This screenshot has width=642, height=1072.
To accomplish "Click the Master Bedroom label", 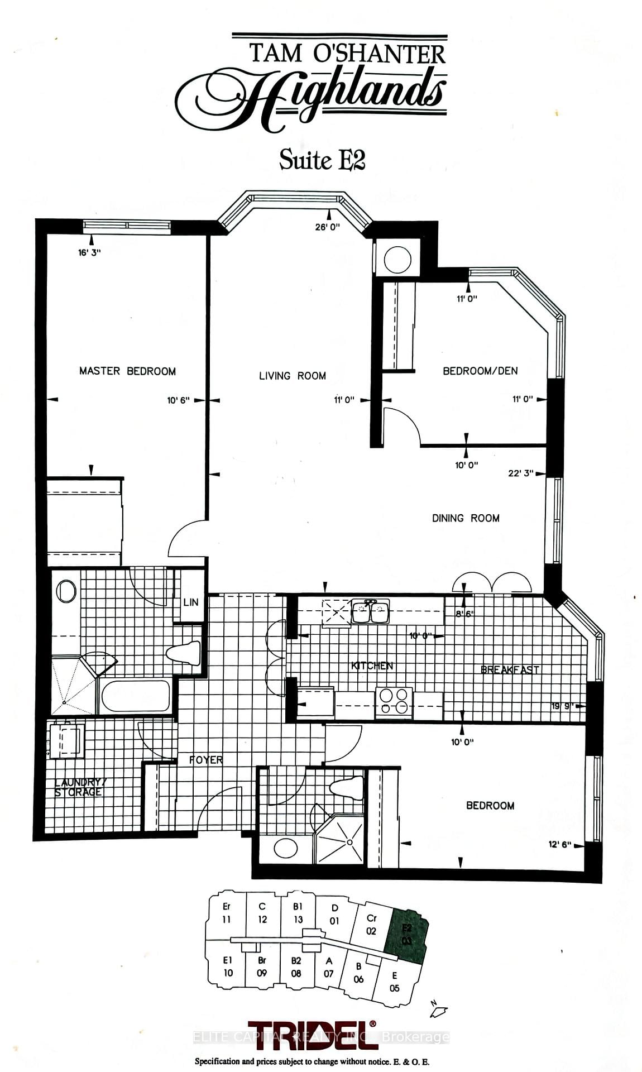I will click(127, 371).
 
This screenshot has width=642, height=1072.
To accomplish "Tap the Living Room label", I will click(292, 376).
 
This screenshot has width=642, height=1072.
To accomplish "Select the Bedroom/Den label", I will click(480, 371).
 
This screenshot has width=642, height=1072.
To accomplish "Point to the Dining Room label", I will click(466, 518).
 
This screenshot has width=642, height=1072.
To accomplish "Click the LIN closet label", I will click(190, 602).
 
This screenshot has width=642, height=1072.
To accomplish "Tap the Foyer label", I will click(206, 760).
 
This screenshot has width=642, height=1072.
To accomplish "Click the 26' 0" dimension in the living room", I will click(327, 227).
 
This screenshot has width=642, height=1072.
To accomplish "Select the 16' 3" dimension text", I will click(89, 252).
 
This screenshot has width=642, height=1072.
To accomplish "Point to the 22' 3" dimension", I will click(520, 473).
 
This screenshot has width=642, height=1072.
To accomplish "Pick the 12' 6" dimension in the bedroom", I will click(560, 845).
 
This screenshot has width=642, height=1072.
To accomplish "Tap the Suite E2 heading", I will click(322, 160).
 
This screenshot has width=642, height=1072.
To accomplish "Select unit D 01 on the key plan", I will click(334, 915).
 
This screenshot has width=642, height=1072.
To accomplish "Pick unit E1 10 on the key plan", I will click(228, 966).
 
